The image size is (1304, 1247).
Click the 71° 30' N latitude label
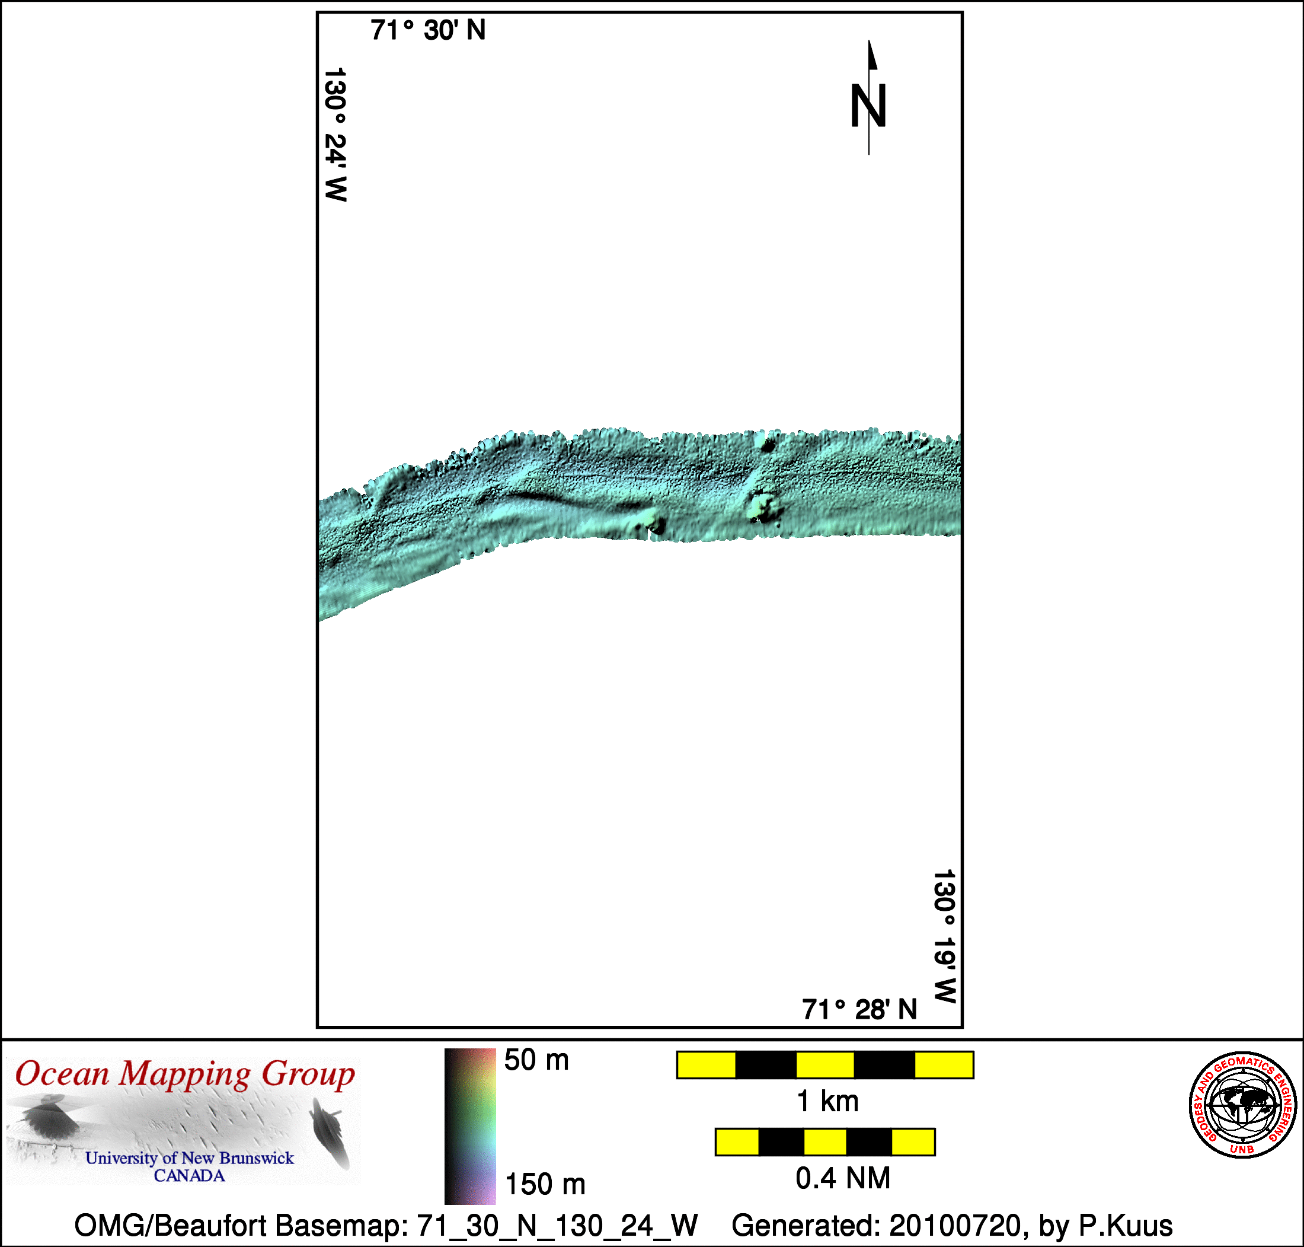428,31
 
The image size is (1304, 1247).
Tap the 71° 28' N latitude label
859,1010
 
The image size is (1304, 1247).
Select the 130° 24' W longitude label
335,134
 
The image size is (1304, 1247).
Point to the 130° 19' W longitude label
944,936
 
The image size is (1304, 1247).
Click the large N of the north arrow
868,106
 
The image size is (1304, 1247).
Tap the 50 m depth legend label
536,1060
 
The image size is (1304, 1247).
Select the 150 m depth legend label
545,1185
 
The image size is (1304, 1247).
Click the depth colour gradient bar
469,1126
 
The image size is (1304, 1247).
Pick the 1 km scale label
827,1102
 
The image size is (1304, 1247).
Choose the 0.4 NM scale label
842,1179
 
